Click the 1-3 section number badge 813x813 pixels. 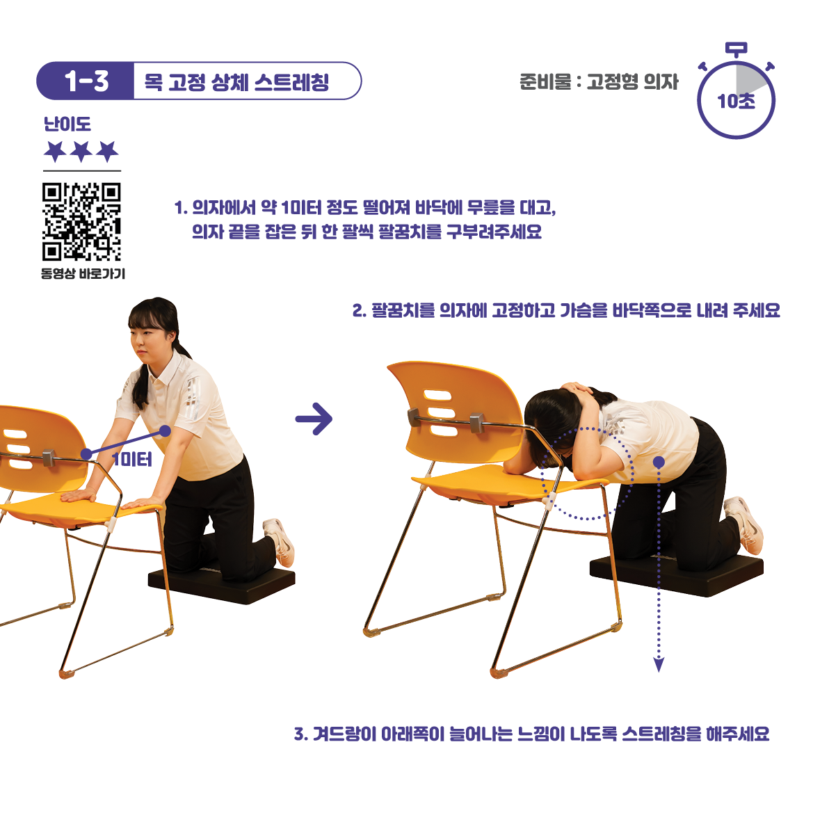tap(86, 81)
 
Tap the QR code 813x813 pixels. tap(81, 221)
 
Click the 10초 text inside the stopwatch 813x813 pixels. tap(736, 101)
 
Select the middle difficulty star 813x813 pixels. tap(81, 152)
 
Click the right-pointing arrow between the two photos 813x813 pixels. tap(314, 419)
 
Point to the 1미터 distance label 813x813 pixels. tap(132, 460)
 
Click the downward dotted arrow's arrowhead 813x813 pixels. tap(659, 664)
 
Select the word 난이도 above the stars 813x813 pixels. tap(67, 124)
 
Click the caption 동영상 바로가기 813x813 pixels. tap(83, 273)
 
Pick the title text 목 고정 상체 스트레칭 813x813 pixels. tap(236, 81)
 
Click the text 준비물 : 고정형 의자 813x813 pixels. tap(599, 81)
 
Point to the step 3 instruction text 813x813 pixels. tap(531, 734)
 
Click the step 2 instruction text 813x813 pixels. tap(566, 310)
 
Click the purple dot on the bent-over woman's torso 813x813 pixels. tap(659, 462)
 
